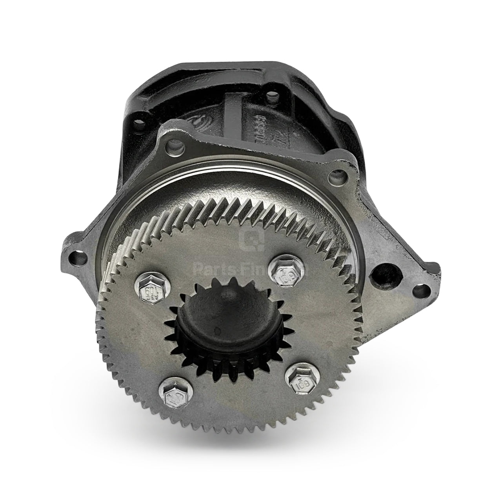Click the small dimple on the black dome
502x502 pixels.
coord(215,316)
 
